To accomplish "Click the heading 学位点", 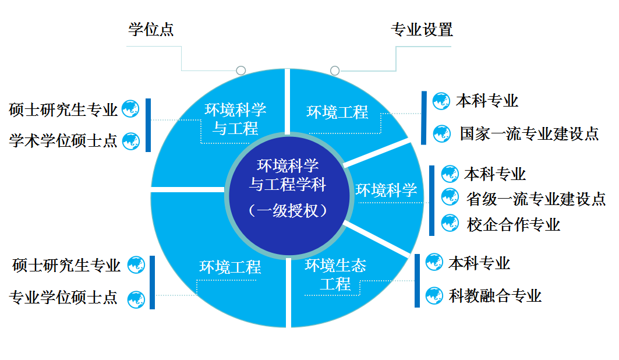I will pos(151,30).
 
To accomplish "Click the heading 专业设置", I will pos(422,30).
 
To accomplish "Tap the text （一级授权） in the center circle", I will pos(288,210).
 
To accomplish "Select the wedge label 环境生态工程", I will pos(335,275).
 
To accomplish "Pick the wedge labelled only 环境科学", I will pos(386,190).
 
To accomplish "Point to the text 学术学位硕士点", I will pos(63,140).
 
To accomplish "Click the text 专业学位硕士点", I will pos(63,298).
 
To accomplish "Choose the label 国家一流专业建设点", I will pos(529,133).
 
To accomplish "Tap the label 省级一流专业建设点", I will pos(536,199).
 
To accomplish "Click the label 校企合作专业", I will pos(513,224).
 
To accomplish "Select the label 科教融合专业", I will pos(495,296).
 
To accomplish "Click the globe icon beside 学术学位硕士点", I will pos(131,140).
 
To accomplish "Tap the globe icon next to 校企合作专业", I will pos(450,223).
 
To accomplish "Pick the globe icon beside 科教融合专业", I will pos(434,295).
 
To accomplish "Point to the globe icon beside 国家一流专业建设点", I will pos(442,133).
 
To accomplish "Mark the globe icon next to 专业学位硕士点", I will pos(136,299).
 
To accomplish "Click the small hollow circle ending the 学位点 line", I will pos(240,70).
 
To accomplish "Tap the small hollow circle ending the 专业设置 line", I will pos(335,70).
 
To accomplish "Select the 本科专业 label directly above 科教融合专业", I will pos(479,263).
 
